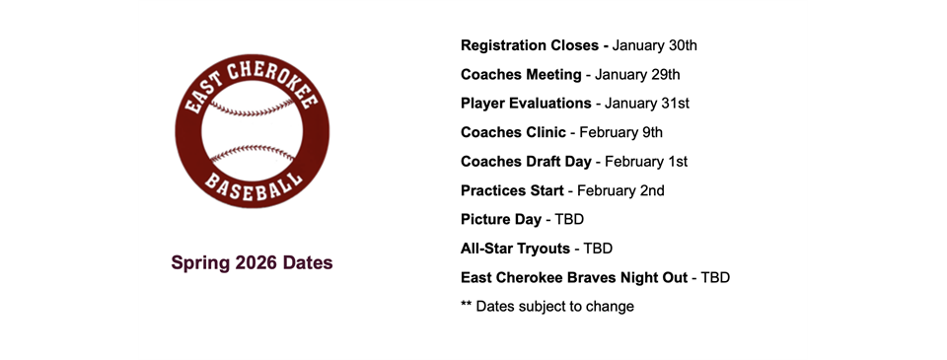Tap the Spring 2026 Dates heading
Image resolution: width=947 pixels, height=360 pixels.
click(x=252, y=262)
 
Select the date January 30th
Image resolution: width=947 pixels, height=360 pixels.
click(x=656, y=45)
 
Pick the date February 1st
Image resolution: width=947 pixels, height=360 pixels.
click(x=646, y=162)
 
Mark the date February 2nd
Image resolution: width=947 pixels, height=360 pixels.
click(x=620, y=190)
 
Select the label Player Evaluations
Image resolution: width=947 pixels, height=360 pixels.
click(x=526, y=104)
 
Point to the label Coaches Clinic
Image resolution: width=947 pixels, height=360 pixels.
click(x=513, y=132)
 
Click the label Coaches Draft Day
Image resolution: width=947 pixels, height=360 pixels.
click(x=526, y=162)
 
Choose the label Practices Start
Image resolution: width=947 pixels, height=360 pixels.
click(x=512, y=190)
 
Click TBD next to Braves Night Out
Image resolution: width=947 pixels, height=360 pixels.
click(x=714, y=277)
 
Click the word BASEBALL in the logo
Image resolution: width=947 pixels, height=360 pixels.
click(x=252, y=187)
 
